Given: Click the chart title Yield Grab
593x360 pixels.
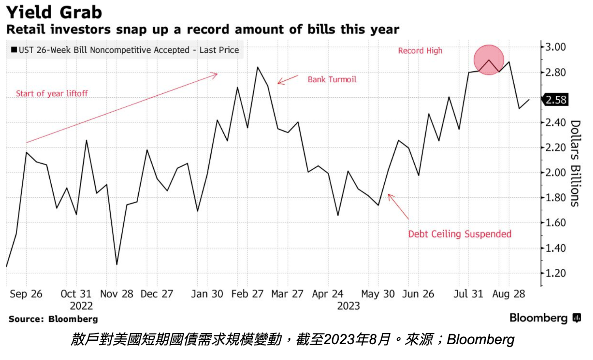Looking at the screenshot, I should [x=54, y=12].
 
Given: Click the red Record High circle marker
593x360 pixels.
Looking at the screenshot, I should [x=489, y=60].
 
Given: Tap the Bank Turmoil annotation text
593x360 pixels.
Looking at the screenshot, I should [x=332, y=80].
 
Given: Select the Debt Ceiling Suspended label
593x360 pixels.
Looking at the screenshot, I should [x=460, y=234].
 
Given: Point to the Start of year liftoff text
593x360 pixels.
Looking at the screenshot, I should [x=52, y=93].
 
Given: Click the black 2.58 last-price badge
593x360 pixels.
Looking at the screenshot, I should [x=556, y=100].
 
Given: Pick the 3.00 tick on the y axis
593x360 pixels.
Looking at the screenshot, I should [x=555, y=47].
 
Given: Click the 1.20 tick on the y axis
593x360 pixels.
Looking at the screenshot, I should [x=555, y=273].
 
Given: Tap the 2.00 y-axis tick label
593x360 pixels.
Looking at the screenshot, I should [x=555, y=173].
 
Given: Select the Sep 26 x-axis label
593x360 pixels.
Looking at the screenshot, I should [x=26, y=294].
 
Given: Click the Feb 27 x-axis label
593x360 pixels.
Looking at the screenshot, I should [x=247, y=294].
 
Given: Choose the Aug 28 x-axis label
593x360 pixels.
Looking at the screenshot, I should [x=508, y=294].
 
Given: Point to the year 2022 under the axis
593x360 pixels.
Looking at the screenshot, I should [x=81, y=306].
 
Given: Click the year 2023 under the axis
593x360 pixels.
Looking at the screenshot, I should [x=348, y=306].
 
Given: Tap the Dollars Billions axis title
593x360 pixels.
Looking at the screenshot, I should [x=575, y=163].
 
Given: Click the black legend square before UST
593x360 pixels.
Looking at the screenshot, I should [x=14, y=50].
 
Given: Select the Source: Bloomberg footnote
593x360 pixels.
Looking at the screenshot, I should [x=53, y=319].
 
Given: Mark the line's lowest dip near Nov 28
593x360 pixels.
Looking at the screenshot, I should [x=117, y=264].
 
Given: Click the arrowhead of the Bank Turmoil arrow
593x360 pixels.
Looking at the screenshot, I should [x=279, y=83].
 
